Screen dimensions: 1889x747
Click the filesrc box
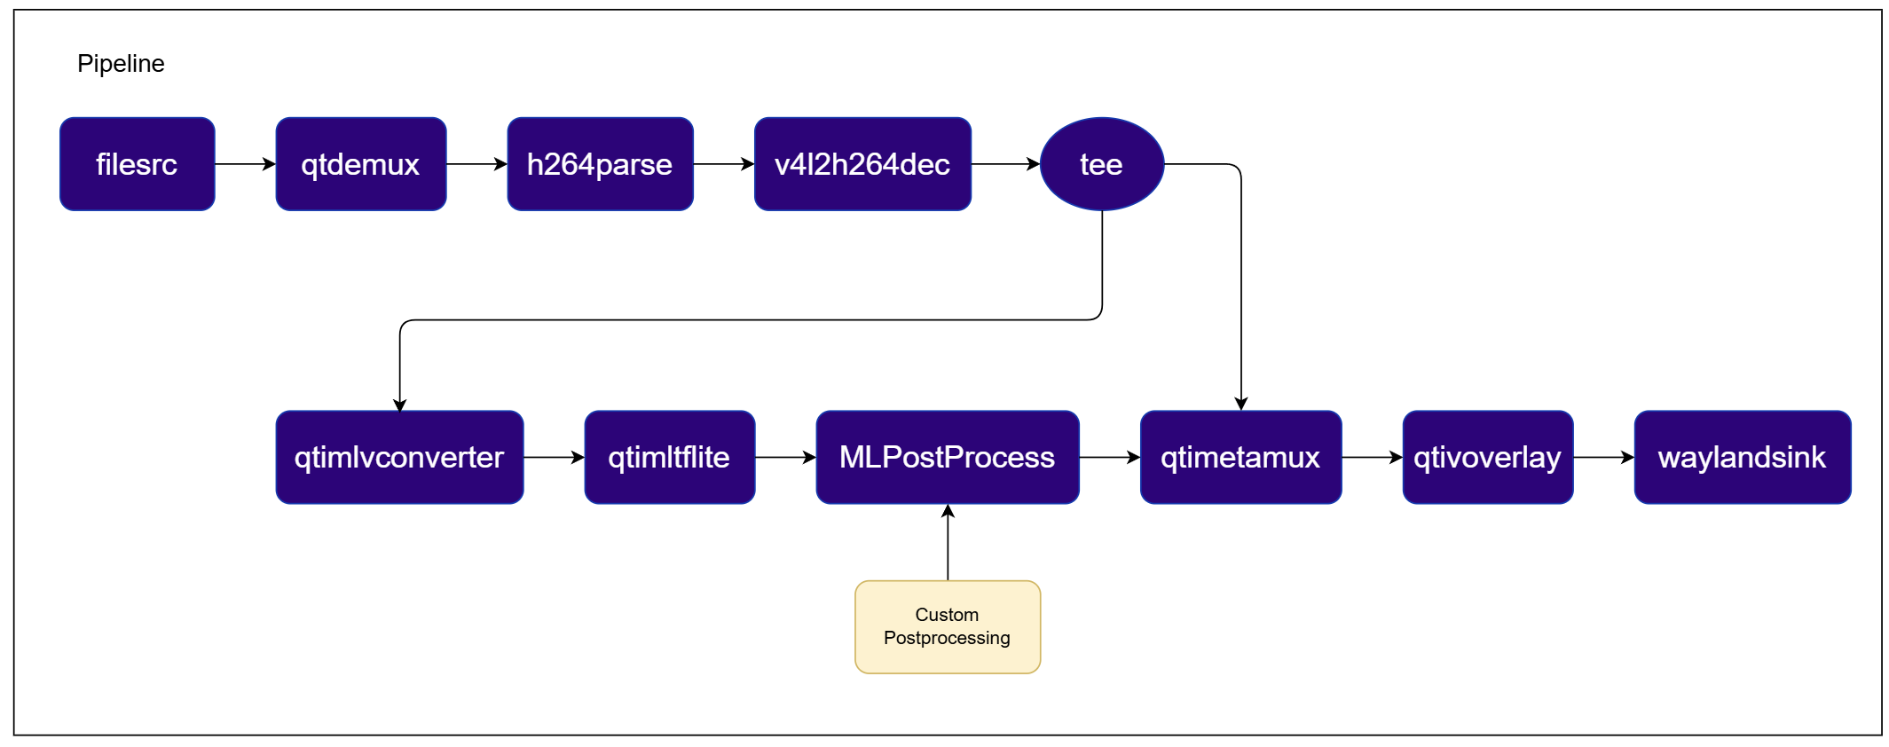138,164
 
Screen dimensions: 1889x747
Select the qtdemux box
361,164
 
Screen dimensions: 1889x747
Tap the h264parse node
600,164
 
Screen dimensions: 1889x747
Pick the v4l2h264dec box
862,164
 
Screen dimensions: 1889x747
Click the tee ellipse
1102,164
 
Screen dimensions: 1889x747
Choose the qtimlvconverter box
399,457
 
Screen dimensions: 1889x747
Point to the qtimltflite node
670,457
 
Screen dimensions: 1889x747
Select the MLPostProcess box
948,457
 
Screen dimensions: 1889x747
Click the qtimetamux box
1240,457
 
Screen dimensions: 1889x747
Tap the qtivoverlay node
1488,457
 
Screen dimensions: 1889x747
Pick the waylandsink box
1743,457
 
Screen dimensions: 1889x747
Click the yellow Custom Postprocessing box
948,627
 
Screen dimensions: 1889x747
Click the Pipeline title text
121,64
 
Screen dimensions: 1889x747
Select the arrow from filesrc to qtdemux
246,164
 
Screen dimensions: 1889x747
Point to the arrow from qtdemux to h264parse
476,164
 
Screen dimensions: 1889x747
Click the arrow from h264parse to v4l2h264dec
724,164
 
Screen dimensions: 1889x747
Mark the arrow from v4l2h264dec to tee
1005,164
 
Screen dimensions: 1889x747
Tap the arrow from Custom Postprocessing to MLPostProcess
948,542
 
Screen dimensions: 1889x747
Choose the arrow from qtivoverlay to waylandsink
1603,457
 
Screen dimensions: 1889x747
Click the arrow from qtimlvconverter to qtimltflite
554,457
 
